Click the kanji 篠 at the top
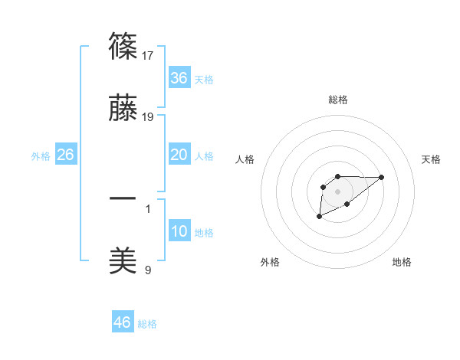pos(123,46)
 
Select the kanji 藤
pos(123,110)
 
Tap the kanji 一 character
pos(123,198)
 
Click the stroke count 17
pos(149,55)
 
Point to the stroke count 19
pos(149,117)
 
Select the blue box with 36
pos(179,78)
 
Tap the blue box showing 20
pos(179,155)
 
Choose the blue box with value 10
pos(179,231)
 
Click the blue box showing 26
pos(65,155)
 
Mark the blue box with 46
pos(123,322)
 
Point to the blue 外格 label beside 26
pos(41,156)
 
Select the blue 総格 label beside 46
pos(147,324)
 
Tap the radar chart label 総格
pos(337,100)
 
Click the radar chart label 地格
pos(402,262)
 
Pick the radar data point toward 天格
pos(382,177)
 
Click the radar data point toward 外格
pos(319,218)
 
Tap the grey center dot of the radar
pos(337,190)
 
